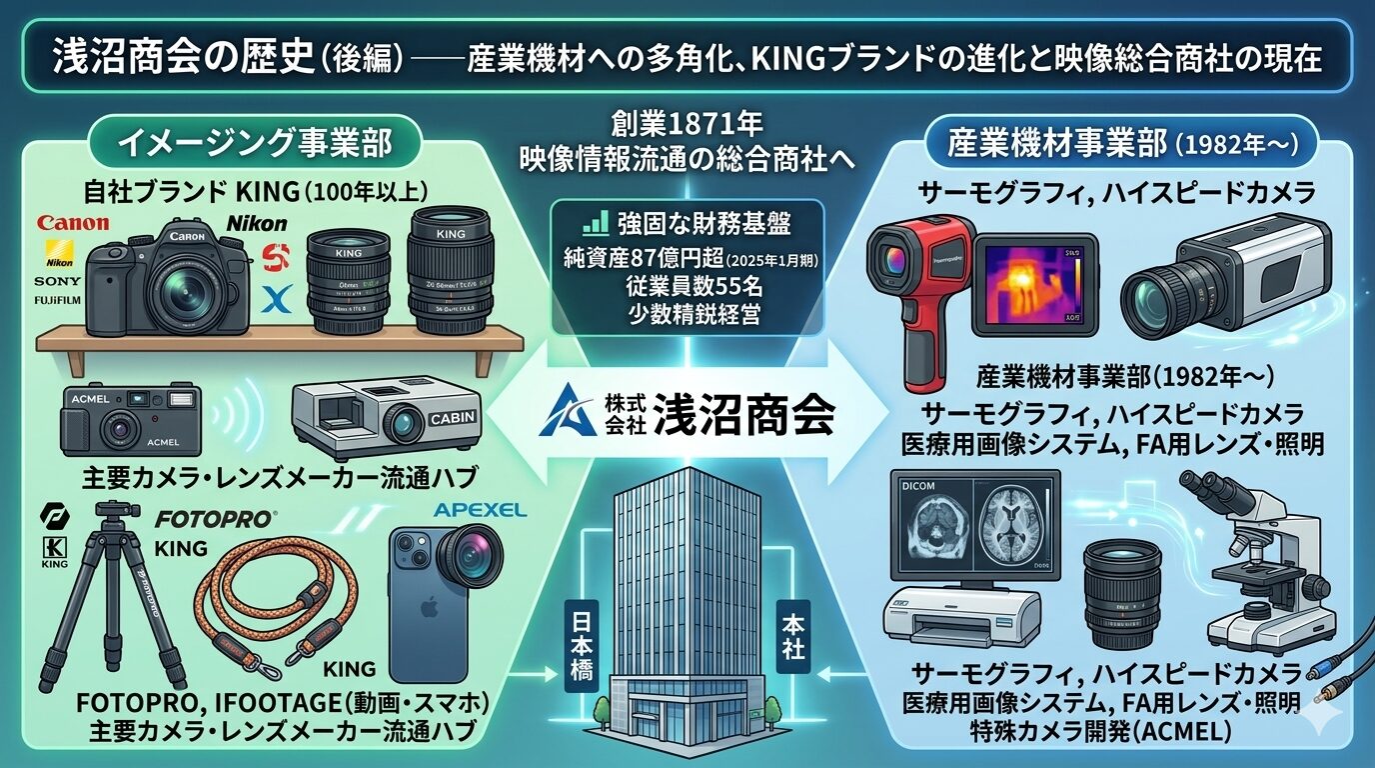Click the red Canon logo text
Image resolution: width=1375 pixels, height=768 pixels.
[x=72, y=225]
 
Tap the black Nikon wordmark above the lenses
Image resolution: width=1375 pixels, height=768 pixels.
[x=256, y=224]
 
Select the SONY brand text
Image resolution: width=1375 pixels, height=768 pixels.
[x=59, y=281]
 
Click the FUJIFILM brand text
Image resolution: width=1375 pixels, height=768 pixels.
[x=60, y=299]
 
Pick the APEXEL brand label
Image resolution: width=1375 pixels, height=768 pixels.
[x=480, y=511]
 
